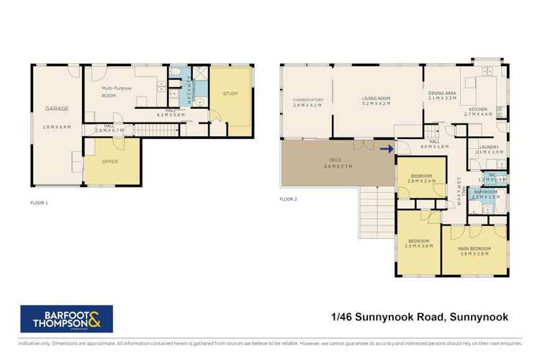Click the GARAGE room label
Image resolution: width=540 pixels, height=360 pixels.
pyautogui.click(x=57, y=109)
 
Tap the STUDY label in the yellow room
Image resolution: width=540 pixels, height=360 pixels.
pyautogui.click(x=230, y=94)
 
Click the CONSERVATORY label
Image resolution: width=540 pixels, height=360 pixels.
pyautogui.click(x=307, y=99)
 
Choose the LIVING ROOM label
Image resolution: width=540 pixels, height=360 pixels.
pyautogui.click(x=376, y=98)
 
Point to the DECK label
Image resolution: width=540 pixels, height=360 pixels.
pyautogui.click(x=335, y=160)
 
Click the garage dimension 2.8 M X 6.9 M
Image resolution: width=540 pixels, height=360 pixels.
pyautogui.click(x=57, y=127)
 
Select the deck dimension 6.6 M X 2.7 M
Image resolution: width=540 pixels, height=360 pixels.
pyautogui.click(x=335, y=166)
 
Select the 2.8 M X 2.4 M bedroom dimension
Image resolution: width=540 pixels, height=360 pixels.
pyautogui.click(x=421, y=182)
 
